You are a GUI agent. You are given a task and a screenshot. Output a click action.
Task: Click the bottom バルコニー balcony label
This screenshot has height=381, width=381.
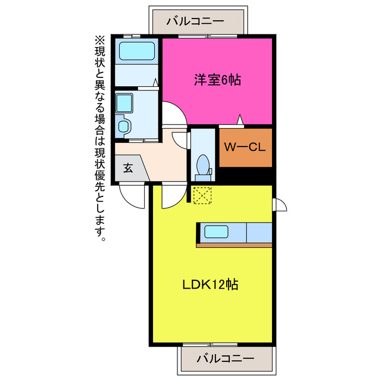click(x=225, y=359)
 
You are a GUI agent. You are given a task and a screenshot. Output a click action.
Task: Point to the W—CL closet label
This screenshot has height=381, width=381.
click(x=245, y=147)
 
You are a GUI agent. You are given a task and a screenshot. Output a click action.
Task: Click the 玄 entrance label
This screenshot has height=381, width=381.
click(x=128, y=168)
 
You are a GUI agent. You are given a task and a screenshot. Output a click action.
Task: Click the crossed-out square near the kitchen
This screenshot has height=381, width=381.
click(x=202, y=195)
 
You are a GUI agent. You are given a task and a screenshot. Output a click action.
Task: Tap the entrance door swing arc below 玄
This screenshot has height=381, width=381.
click(x=132, y=196)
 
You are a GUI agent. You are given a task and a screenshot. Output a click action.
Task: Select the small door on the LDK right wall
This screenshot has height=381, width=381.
click(x=279, y=204)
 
